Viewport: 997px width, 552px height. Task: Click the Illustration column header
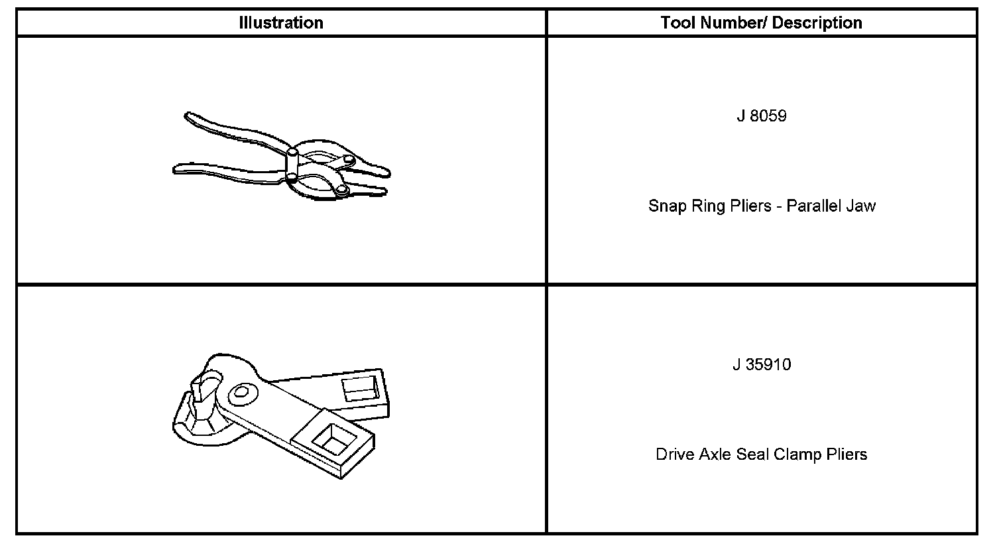pos(281,23)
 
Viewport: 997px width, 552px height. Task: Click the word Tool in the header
pos(677,23)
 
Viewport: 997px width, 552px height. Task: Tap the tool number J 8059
pos(762,116)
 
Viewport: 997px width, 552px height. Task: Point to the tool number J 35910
pos(762,365)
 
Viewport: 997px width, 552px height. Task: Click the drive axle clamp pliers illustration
pos(281,415)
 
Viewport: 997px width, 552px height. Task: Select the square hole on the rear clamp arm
pos(359,388)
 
